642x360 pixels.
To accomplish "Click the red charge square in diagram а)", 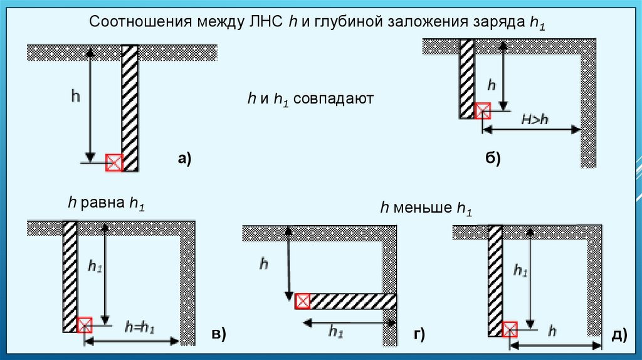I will click(x=113, y=162).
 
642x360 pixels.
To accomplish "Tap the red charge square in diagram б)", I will click(x=482, y=112).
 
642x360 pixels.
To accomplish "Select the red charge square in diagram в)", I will click(x=84, y=325).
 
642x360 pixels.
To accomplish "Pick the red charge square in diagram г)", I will click(x=302, y=301).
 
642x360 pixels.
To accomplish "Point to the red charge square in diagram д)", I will click(x=510, y=328).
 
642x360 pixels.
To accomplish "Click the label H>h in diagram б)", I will click(x=535, y=119).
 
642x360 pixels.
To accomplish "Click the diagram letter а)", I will click(x=184, y=159).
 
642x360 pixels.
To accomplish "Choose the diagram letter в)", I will click(x=218, y=335).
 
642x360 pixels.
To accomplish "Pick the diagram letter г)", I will click(x=419, y=335).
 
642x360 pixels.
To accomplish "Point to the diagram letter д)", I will click(x=619, y=335).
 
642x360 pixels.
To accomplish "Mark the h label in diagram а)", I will click(x=75, y=96).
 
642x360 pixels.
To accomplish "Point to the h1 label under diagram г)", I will click(x=336, y=332).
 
